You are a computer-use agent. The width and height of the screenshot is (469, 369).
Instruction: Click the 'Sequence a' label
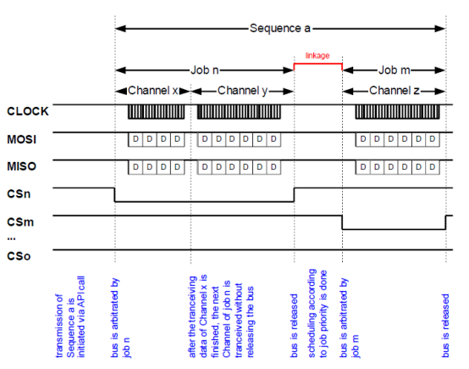(280, 29)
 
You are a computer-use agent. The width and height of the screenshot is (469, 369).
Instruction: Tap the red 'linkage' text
(317, 55)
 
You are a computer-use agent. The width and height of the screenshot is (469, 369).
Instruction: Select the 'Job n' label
(205, 70)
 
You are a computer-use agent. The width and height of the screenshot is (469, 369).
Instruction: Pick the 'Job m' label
(395, 70)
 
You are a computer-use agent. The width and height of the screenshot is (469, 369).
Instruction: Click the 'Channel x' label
(153, 91)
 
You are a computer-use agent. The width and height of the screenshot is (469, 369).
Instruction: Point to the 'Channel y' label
(242, 91)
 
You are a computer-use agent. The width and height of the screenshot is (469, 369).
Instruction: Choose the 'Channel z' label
(395, 91)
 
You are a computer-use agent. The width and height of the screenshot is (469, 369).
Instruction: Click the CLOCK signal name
(28, 111)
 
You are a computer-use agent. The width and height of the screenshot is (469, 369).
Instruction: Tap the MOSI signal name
(21, 139)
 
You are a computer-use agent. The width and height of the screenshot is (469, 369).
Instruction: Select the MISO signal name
(21, 166)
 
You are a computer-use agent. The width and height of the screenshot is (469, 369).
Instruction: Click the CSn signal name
(19, 194)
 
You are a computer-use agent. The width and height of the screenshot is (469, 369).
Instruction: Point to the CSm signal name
(20, 222)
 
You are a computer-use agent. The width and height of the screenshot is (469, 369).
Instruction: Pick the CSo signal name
(19, 256)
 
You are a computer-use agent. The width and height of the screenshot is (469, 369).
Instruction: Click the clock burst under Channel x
(156, 112)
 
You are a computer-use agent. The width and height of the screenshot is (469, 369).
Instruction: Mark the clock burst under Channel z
(398, 112)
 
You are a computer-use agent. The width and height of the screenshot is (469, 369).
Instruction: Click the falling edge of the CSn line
(114, 195)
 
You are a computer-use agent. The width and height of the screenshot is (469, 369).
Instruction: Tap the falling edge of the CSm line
(342, 222)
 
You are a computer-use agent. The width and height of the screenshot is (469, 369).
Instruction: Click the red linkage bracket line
(318, 64)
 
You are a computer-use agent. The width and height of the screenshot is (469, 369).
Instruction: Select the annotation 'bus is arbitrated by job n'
(120, 318)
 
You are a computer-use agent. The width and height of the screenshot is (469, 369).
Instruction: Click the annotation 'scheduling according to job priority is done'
(317, 313)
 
